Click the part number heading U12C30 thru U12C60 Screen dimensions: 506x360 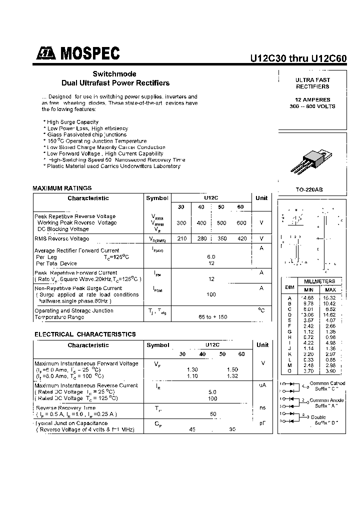pos(298,57)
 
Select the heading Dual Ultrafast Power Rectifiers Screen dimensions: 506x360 pos(115,83)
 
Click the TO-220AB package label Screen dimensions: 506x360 pos(312,190)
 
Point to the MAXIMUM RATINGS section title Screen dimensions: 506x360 pos(62,188)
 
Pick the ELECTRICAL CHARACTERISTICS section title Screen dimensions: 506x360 pos(85,334)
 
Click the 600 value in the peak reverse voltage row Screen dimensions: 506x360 pos(241,223)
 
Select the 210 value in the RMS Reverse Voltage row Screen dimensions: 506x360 pos(182,238)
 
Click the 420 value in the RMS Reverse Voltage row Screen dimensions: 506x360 pos(242,238)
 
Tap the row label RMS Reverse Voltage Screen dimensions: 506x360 pos(62,238)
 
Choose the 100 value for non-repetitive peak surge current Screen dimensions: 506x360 pos(211,294)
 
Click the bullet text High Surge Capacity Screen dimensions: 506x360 pos(72,122)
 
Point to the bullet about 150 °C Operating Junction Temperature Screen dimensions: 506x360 pos(96,141)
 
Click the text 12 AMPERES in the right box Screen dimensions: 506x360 pos(312,99)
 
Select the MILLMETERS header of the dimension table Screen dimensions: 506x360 pos(319,281)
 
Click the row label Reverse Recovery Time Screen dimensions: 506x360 pos(65,408)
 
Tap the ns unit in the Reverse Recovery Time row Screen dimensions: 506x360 pos(262,408)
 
